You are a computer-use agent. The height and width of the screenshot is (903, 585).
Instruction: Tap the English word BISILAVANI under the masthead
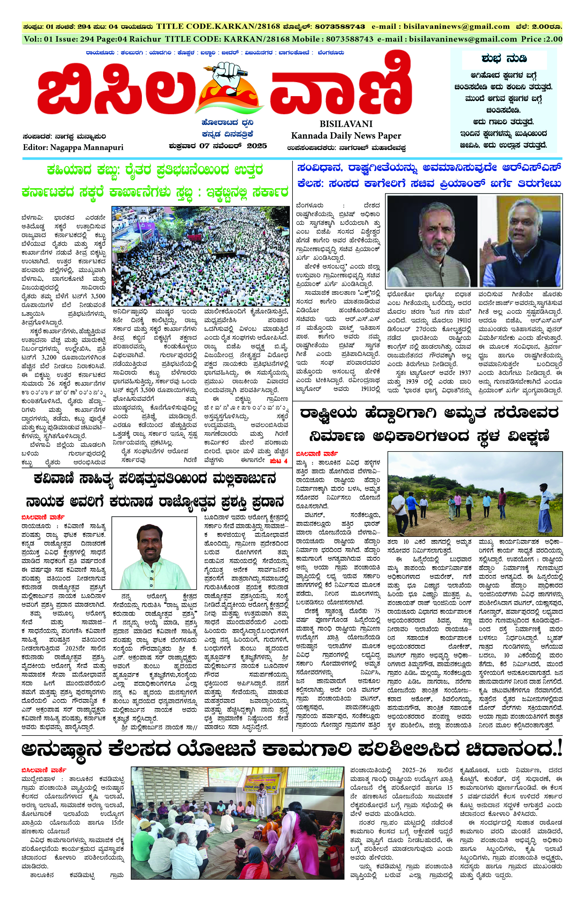point(346,124)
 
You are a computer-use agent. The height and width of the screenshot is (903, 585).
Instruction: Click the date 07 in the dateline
point(204,146)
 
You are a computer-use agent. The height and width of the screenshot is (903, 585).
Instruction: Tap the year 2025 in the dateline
point(257,146)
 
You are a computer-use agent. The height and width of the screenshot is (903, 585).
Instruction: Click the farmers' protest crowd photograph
point(200,256)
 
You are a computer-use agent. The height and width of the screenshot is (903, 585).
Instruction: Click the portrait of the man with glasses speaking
point(520,241)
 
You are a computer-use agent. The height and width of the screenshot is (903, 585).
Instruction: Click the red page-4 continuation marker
point(279,461)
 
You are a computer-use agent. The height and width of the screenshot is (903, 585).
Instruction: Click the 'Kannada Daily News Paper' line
point(346,135)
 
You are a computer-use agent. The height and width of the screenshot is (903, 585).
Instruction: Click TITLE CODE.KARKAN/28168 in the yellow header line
point(218,27)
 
